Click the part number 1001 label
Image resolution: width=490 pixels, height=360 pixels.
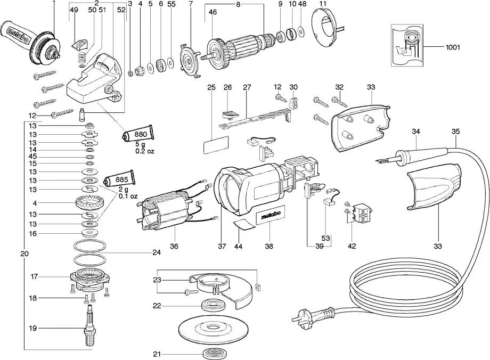click(453, 47)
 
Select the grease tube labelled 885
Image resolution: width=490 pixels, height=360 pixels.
click(118, 180)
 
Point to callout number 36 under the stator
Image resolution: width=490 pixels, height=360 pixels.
click(174, 246)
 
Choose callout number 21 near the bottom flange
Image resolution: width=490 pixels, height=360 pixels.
click(157, 354)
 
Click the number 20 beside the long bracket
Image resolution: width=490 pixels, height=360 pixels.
click(24, 254)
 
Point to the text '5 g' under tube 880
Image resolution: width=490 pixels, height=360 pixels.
click(140, 145)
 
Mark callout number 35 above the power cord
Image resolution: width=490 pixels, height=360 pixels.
click(455, 131)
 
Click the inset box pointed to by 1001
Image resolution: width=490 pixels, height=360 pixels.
click(410, 47)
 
